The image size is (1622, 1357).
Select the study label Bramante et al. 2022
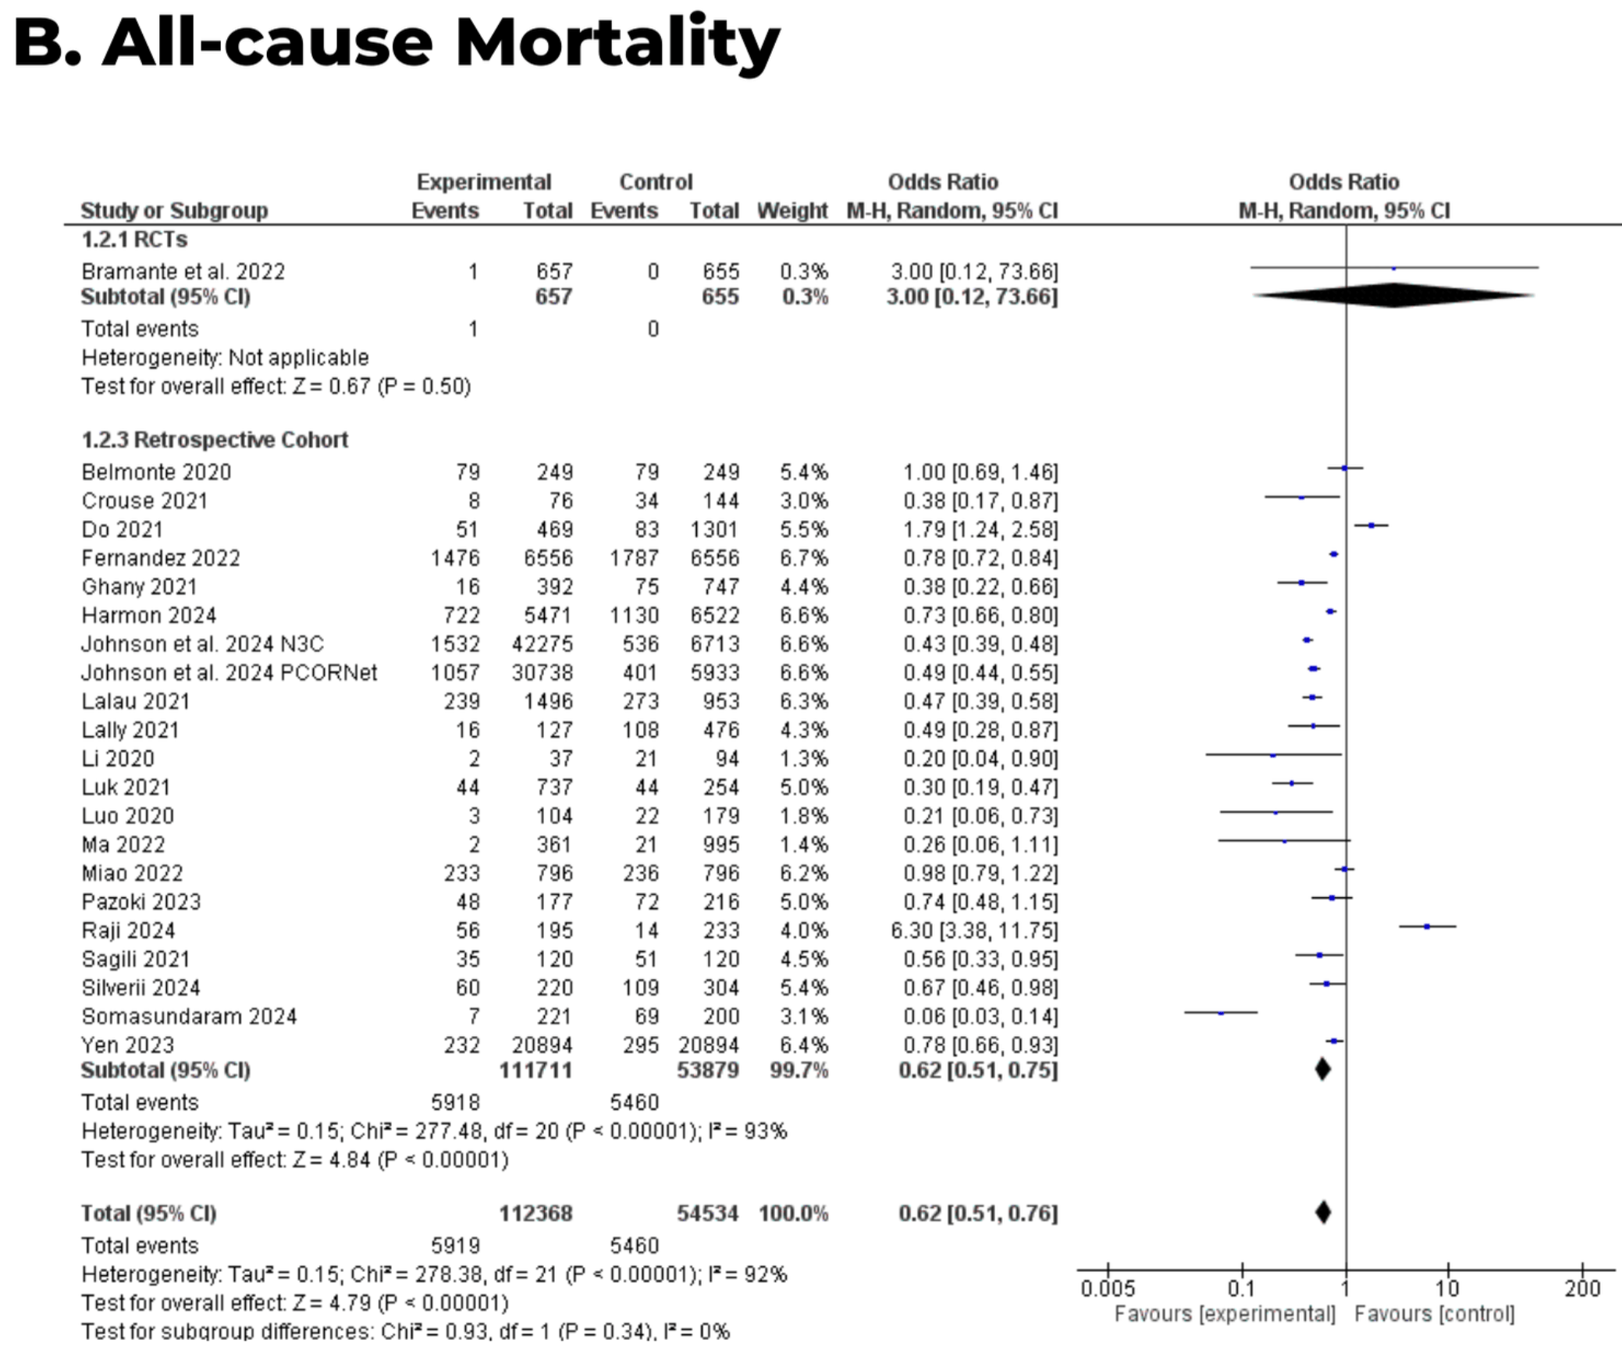click(183, 272)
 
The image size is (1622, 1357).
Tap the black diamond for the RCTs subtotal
click(1394, 296)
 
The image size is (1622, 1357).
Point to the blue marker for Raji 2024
click(1427, 927)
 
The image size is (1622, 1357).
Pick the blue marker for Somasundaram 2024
click(1222, 1013)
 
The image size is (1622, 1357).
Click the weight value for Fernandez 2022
click(803, 558)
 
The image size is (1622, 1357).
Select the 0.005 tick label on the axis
click(1108, 1289)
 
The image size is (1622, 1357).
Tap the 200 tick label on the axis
click(1582, 1289)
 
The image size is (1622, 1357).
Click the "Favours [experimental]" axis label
click(1225, 1314)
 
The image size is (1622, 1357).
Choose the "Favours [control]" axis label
click(1434, 1314)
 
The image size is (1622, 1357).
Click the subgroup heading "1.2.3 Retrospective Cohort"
click(215, 440)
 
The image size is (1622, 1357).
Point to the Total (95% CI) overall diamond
click(1323, 1213)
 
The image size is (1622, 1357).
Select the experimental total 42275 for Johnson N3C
click(542, 644)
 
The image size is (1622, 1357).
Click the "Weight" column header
click(792, 211)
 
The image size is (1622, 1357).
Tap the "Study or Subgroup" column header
click(174, 211)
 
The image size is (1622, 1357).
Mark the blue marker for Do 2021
click(1371, 525)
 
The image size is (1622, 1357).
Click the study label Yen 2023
click(128, 1045)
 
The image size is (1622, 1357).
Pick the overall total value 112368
click(536, 1213)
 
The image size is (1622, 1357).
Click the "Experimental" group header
click(484, 182)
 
